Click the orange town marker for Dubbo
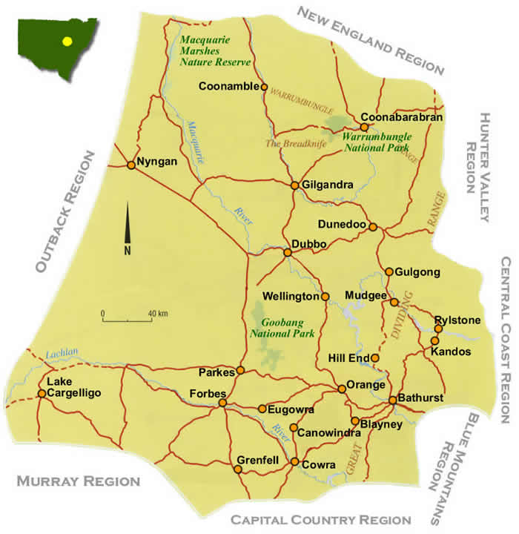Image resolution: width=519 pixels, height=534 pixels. [288, 252]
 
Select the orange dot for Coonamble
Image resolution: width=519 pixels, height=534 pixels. [264, 87]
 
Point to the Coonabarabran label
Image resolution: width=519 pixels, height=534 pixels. [402, 117]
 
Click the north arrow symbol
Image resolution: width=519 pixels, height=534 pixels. [128, 226]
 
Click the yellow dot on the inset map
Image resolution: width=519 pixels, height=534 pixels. [67, 42]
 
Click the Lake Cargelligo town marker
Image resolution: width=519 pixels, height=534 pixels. [42, 393]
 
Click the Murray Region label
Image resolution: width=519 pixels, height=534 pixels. [78, 481]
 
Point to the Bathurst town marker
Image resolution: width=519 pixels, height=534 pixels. [393, 400]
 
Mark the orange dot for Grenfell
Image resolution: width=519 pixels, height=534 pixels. [239, 469]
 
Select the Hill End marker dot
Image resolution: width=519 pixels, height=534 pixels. [375, 358]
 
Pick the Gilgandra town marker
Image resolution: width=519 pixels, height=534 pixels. [294, 185]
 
